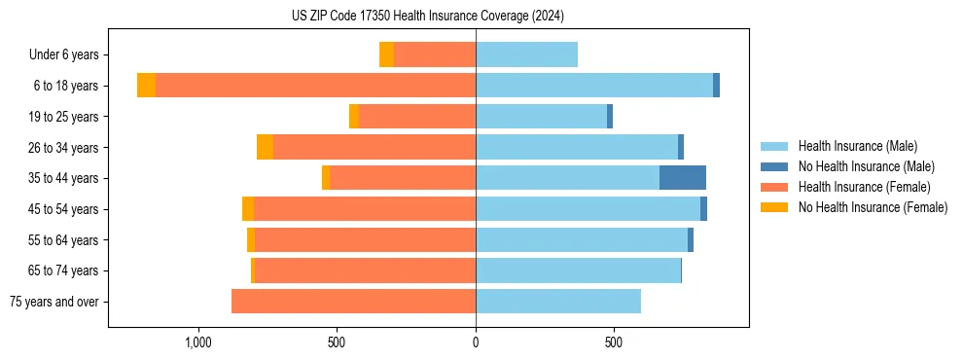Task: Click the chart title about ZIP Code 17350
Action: click(427, 17)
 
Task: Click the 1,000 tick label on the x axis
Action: click(198, 342)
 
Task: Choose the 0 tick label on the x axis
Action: click(476, 342)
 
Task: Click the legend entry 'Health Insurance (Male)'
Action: click(857, 146)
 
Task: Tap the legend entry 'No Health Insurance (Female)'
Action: click(873, 207)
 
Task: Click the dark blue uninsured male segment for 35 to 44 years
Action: click(683, 178)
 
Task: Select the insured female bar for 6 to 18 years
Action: click(315, 86)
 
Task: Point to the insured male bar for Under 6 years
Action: click(526, 55)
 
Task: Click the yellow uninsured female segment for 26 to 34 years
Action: click(265, 147)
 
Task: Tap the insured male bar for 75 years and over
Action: click(558, 302)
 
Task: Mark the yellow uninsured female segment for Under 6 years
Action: click(386, 55)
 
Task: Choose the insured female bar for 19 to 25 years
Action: click(417, 117)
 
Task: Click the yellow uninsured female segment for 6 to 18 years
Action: click(146, 86)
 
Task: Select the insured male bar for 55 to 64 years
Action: click(582, 239)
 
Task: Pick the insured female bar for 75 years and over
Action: click(353, 302)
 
